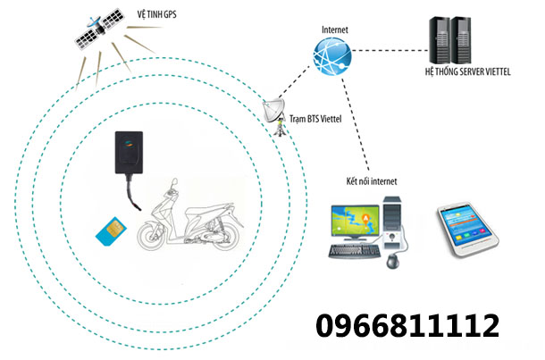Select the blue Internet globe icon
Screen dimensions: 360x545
(x=333, y=57)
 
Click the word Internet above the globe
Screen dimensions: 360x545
(x=334, y=30)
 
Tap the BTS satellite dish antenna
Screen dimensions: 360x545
(x=276, y=112)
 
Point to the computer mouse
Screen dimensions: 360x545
(x=391, y=261)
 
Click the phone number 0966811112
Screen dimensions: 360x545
(x=407, y=325)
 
